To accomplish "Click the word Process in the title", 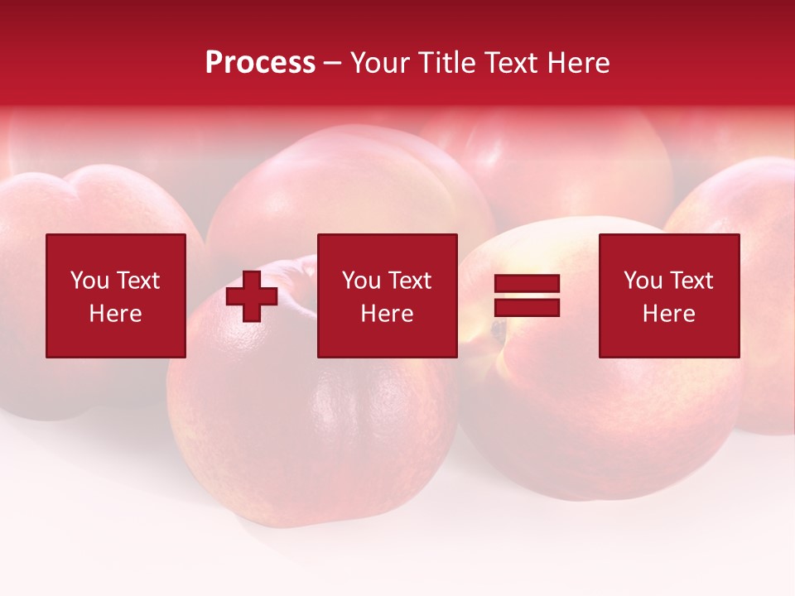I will click(x=260, y=63).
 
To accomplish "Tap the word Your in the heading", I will click(x=381, y=63).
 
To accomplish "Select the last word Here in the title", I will click(x=581, y=63).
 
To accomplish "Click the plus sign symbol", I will click(x=252, y=296).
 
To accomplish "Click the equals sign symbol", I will click(x=527, y=296).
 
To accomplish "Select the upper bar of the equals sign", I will click(x=527, y=284).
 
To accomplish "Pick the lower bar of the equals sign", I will click(x=527, y=307).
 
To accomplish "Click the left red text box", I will click(x=115, y=296).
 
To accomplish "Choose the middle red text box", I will click(x=387, y=296).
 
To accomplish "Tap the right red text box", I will click(x=668, y=296).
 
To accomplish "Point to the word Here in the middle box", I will click(x=387, y=314).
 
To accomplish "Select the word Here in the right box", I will click(x=668, y=314).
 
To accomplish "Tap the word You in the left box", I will click(x=89, y=281).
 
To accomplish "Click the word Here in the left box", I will click(x=115, y=314).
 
